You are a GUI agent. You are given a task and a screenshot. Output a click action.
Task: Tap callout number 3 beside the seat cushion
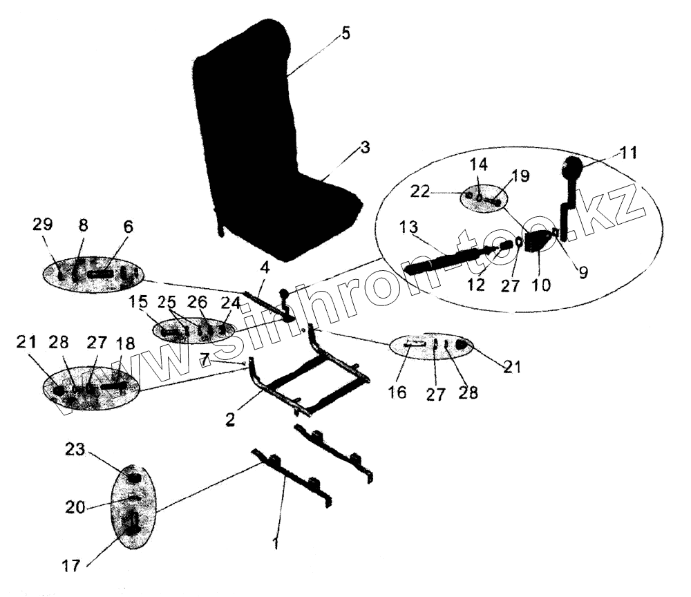tap(364, 148)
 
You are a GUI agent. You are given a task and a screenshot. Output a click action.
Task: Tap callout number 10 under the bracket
tap(542, 284)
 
